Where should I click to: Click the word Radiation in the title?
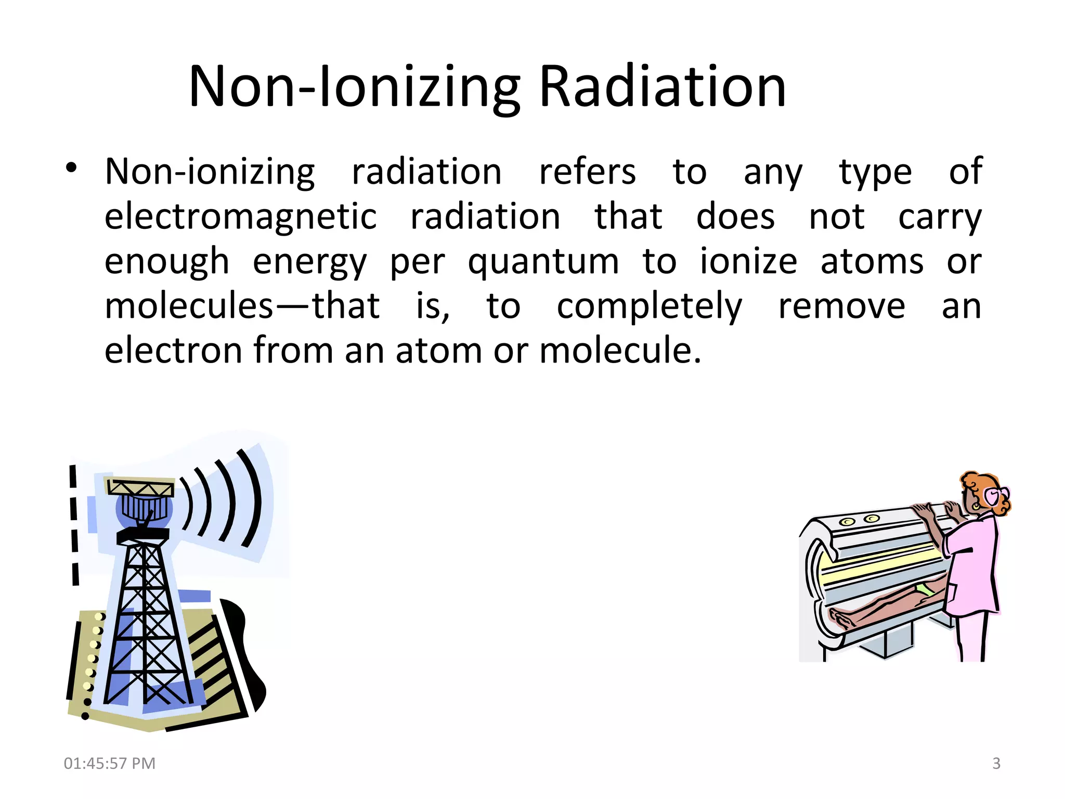pos(663,86)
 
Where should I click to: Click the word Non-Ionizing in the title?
pos(354,87)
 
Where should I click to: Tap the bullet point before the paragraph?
pos(71,167)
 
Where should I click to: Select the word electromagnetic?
pos(240,216)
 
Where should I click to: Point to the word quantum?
pos(543,262)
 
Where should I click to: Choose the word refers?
pos(587,171)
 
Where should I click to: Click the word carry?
pos(940,217)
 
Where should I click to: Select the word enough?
pos(166,262)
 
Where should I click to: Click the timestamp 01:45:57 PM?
pos(110,763)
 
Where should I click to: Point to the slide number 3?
pos(996,763)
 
